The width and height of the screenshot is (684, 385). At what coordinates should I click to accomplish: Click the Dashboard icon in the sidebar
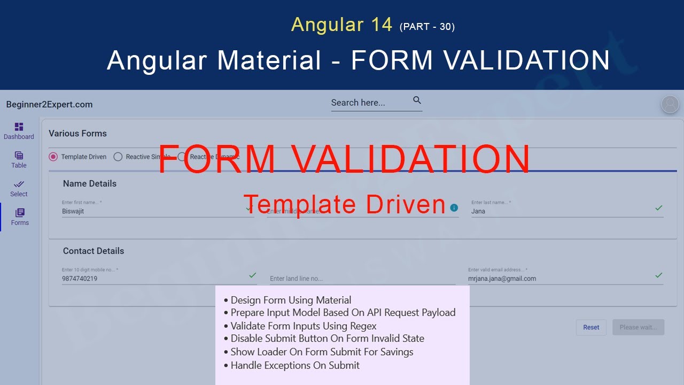point(19,127)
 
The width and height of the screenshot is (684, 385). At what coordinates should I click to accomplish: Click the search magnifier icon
point(417,101)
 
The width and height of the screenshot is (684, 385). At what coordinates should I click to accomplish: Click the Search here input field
point(369,103)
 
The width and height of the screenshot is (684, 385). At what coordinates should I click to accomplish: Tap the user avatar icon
point(670,104)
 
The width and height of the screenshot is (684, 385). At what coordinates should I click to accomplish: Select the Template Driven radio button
point(53,157)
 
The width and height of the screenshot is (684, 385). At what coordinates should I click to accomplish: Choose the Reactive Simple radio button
point(118,157)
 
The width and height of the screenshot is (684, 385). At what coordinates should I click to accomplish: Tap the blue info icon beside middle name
point(454,207)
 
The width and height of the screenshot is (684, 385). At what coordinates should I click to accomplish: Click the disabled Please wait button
point(638,327)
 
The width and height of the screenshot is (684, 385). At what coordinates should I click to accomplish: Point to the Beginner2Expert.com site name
point(50,105)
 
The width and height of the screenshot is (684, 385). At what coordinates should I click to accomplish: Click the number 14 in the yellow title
point(380,25)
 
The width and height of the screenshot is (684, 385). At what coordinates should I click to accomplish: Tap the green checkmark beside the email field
point(659,275)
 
